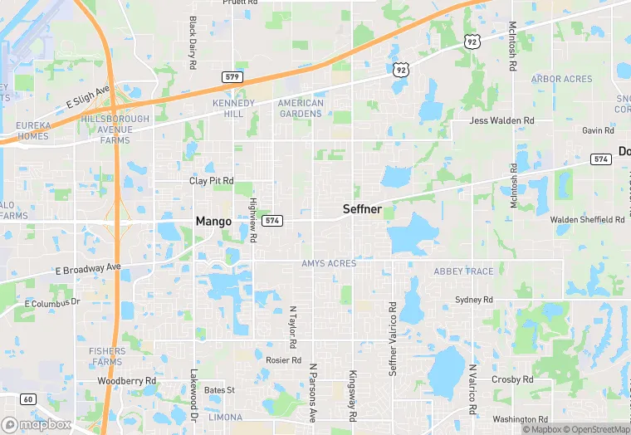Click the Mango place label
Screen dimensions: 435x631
coord(213,222)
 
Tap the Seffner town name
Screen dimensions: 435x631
coord(362,210)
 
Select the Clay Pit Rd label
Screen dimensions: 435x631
coord(211,181)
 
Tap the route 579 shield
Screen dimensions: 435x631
coord(233,76)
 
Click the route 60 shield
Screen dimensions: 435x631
coord(27,399)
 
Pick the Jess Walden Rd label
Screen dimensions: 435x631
coord(501,121)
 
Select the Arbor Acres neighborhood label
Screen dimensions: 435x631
coord(562,80)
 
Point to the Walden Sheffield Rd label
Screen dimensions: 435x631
coord(587,220)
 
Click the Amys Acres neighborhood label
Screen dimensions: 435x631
coord(329,264)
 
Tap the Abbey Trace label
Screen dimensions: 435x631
coord(463,271)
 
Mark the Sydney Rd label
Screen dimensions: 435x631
coord(474,300)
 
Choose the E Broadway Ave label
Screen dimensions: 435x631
coord(88,269)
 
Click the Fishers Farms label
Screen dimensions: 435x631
coord(107,357)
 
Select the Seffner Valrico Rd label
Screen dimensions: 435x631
coord(394,339)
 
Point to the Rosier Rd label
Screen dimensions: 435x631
coord(283,360)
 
